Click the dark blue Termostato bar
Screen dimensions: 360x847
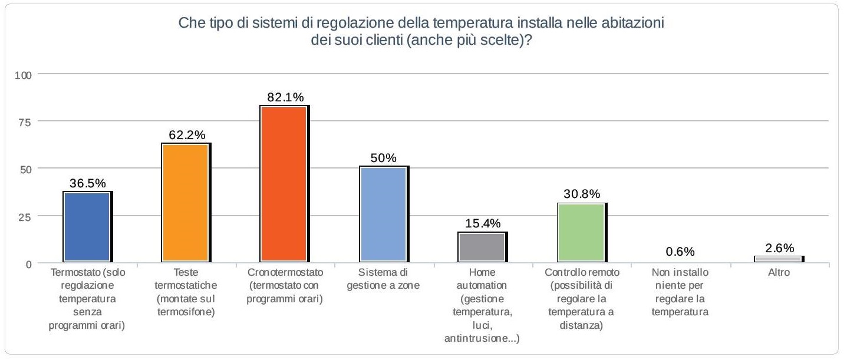(x=87, y=226)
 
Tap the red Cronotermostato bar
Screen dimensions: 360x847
(x=285, y=183)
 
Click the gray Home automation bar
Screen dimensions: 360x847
(x=482, y=247)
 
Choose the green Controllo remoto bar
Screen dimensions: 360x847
(x=581, y=232)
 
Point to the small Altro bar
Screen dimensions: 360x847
(x=779, y=259)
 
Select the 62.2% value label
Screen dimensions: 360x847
(x=186, y=135)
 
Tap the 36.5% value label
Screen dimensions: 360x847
(x=87, y=183)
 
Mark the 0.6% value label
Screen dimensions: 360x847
(x=680, y=252)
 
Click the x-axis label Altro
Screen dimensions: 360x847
(x=779, y=273)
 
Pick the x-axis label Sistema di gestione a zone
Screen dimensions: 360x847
(x=384, y=279)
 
